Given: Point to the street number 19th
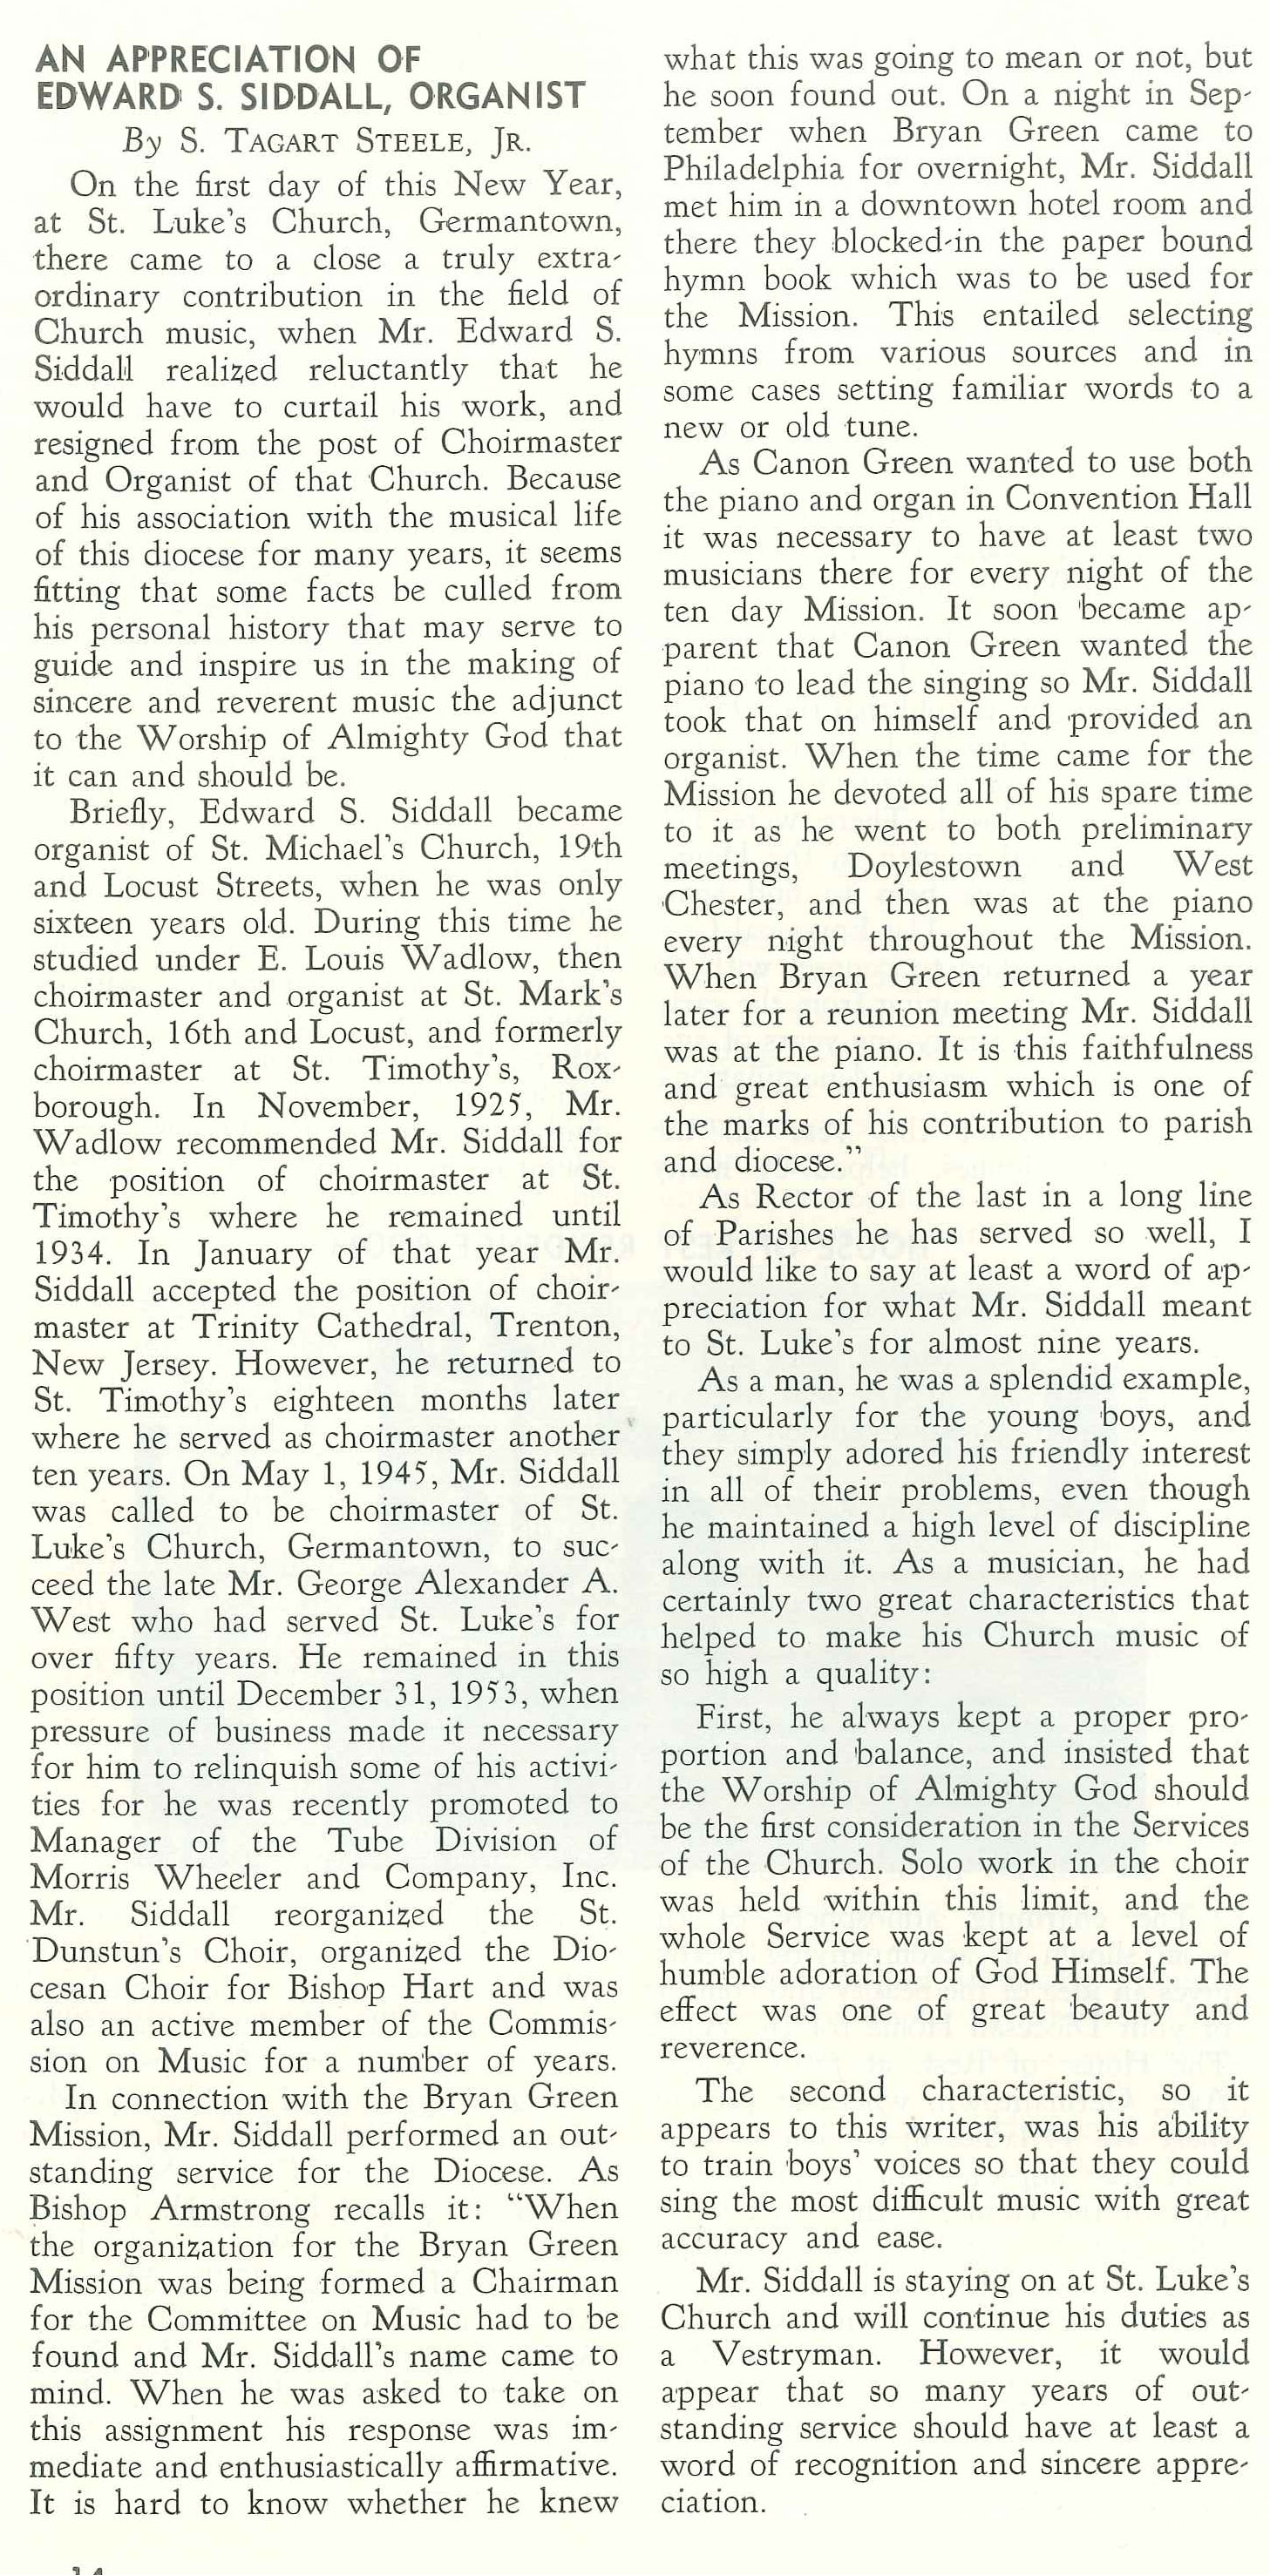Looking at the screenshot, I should coord(585,848).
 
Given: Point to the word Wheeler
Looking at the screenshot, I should coord(218,1880).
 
